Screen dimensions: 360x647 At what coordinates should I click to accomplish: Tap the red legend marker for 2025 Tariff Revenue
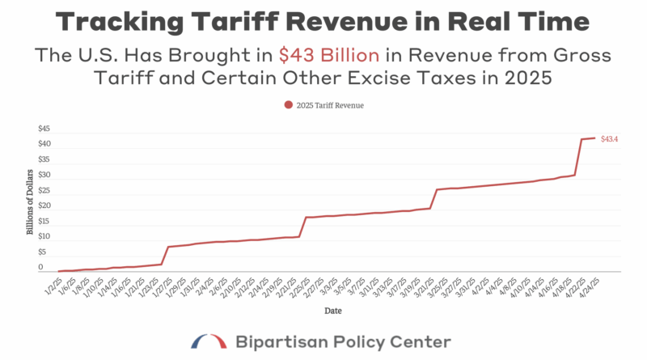(x=288, y=104)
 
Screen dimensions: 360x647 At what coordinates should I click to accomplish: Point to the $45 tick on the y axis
(x=44, y=129)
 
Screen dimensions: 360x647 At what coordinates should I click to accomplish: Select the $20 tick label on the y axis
(x=44, y=206)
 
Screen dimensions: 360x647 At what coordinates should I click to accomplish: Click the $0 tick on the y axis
(x=40, y=268)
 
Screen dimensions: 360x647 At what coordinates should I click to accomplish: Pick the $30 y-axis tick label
(x=44, y=175)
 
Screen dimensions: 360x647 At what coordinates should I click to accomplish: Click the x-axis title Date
(x=332, y=310)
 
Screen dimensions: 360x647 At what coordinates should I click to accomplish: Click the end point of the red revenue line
(x=595, y=138)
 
